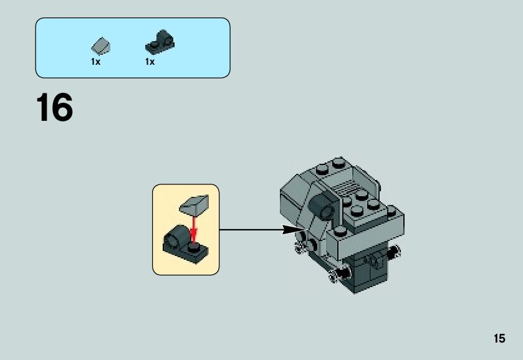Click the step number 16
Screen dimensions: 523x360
pos(55,108)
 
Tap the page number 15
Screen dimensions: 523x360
pos(499,339)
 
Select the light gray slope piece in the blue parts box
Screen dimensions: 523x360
pos(101,45)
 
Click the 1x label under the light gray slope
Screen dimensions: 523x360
pos(95,62)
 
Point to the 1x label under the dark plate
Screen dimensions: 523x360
pos(150,62)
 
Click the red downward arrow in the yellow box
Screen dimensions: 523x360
pos(193,227)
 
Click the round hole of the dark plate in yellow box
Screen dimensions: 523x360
pos(175,237)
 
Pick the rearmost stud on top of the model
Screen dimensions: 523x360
pos(338,162)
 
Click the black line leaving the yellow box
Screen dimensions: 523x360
pos(249,230)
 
